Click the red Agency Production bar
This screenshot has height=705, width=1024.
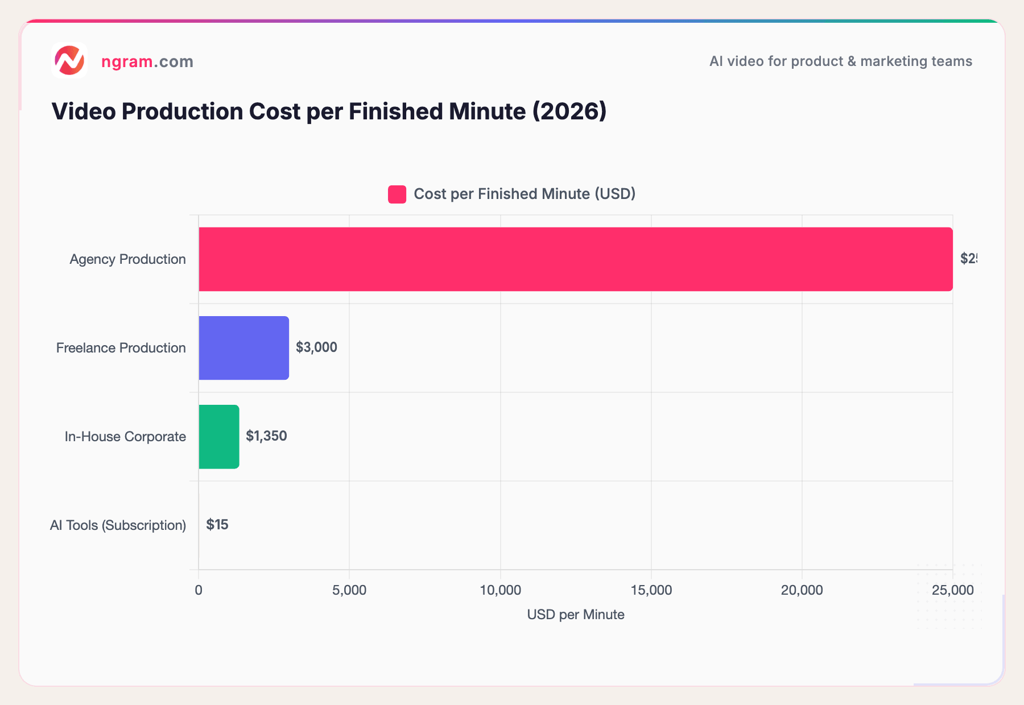click(575, 259)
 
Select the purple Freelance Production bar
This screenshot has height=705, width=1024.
click(244, 348)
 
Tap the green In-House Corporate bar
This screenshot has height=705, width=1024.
click(219, 437)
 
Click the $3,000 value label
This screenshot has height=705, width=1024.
click(316, 347)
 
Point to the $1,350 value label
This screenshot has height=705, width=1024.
click(266, 436)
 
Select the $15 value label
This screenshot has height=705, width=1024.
click(217, 525)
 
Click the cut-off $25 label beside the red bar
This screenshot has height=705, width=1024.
click(968, 259)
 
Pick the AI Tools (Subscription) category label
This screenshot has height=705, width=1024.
click(118, 525)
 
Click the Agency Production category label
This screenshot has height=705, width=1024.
click(127, 259)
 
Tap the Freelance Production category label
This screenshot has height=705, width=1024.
click(121, 348)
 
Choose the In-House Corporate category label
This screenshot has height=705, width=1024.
click(125, 437)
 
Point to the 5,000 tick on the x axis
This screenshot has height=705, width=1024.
click(349, 591)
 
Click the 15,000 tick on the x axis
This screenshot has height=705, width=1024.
click(651, 591)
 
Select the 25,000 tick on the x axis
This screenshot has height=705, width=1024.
click(952, 591)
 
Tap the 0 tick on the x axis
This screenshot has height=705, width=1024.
click(199, 591)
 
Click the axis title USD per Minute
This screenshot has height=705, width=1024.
click(576, 615)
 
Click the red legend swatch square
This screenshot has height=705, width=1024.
click(397, 194)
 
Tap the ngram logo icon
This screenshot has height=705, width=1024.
click(69, 60)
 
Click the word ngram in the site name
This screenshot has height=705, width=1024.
click(127, 61)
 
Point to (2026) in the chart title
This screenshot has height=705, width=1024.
click(569, 111)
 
